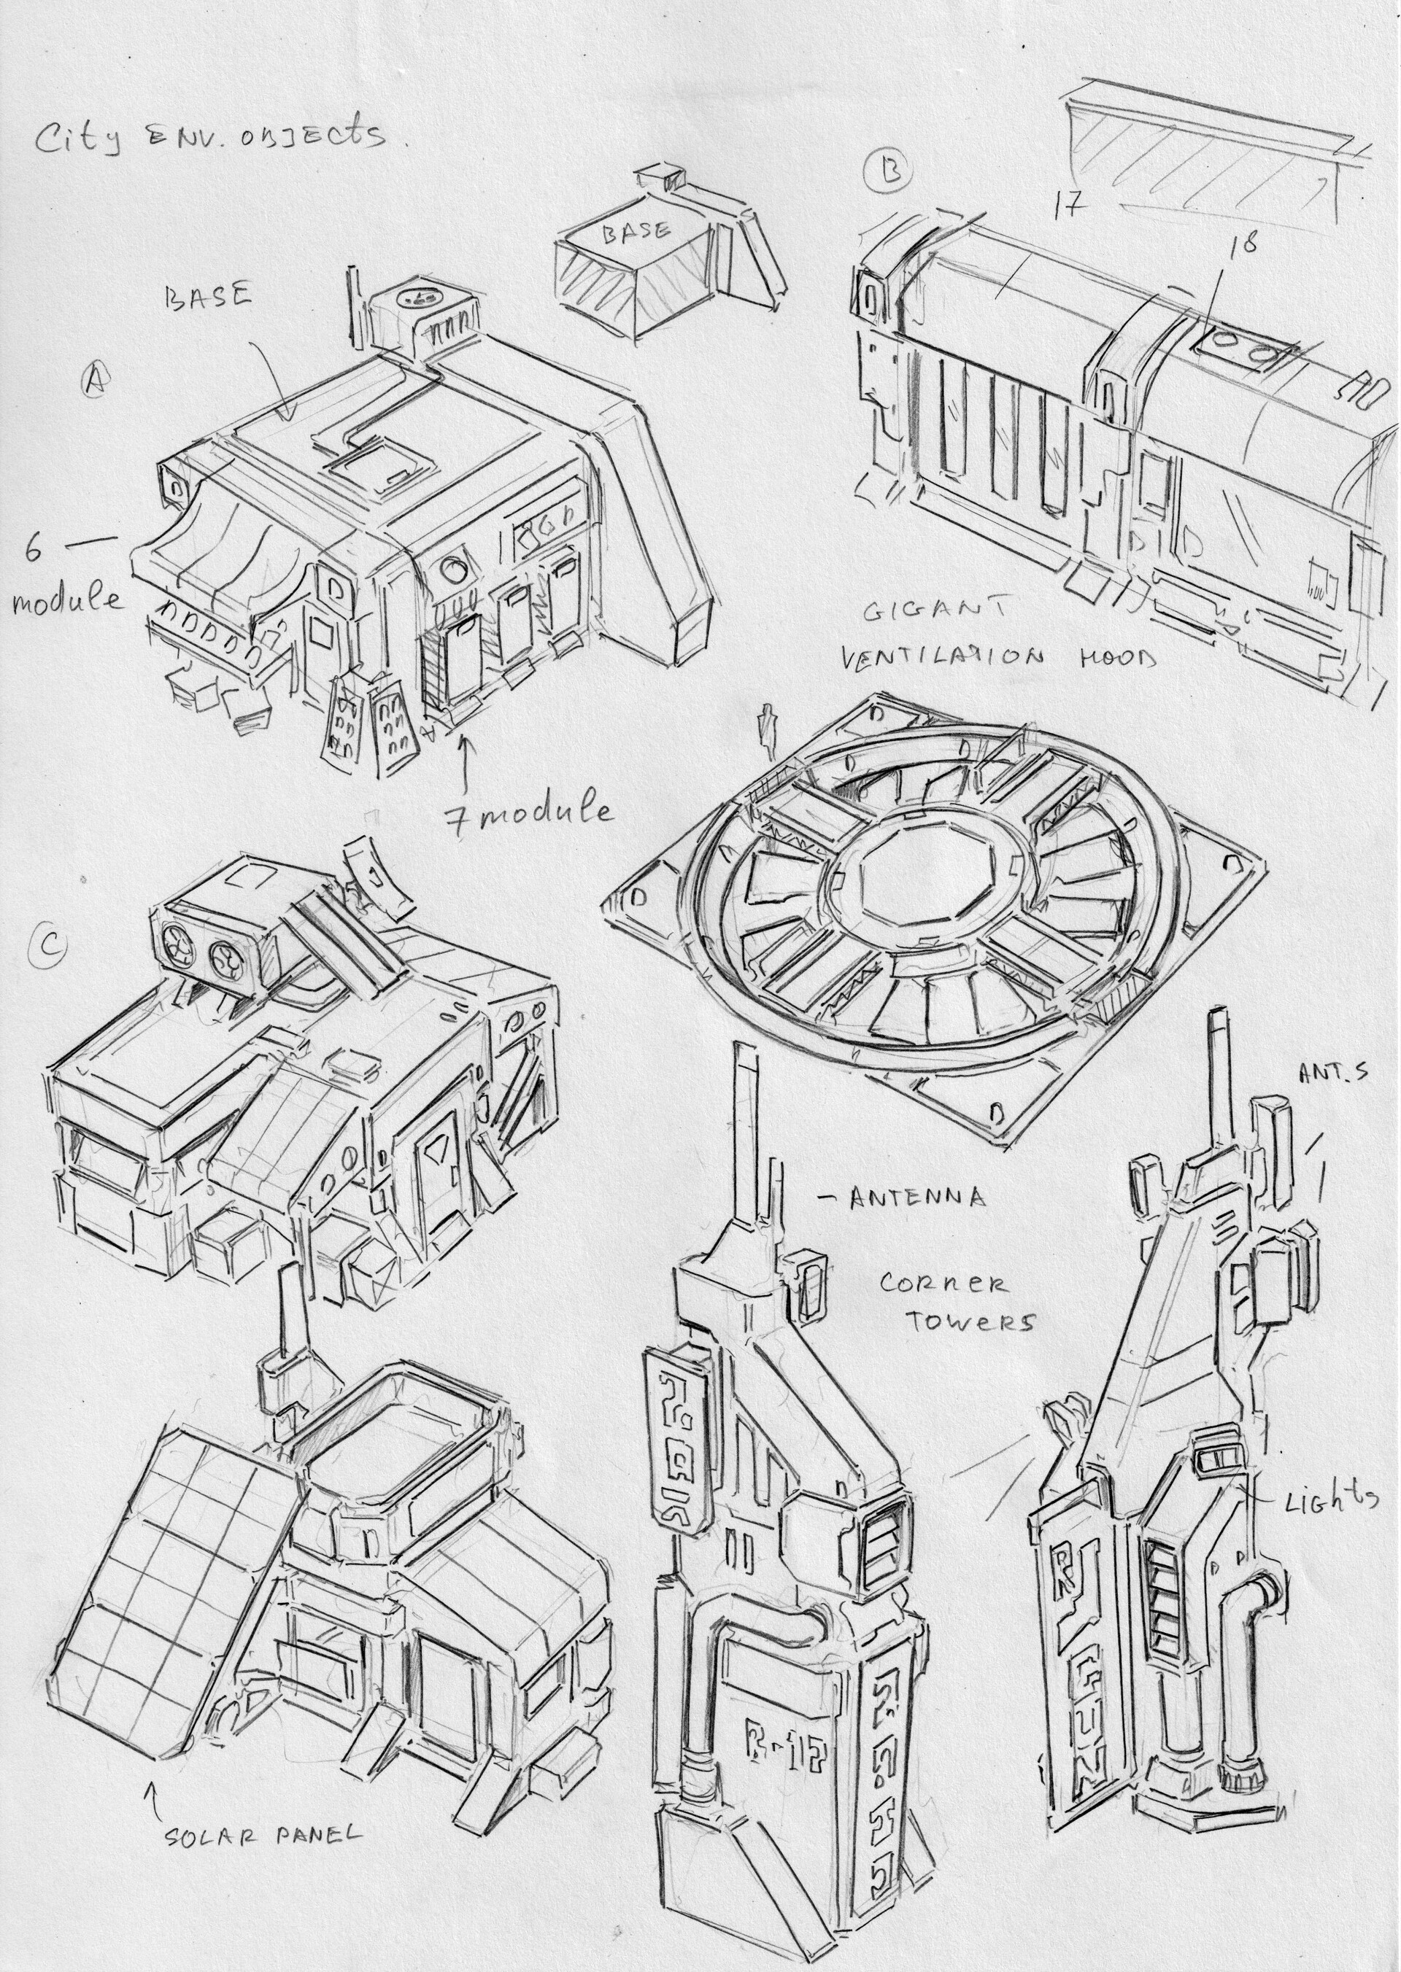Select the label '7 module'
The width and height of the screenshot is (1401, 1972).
528,812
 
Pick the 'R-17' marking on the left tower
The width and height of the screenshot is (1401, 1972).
781,1731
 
